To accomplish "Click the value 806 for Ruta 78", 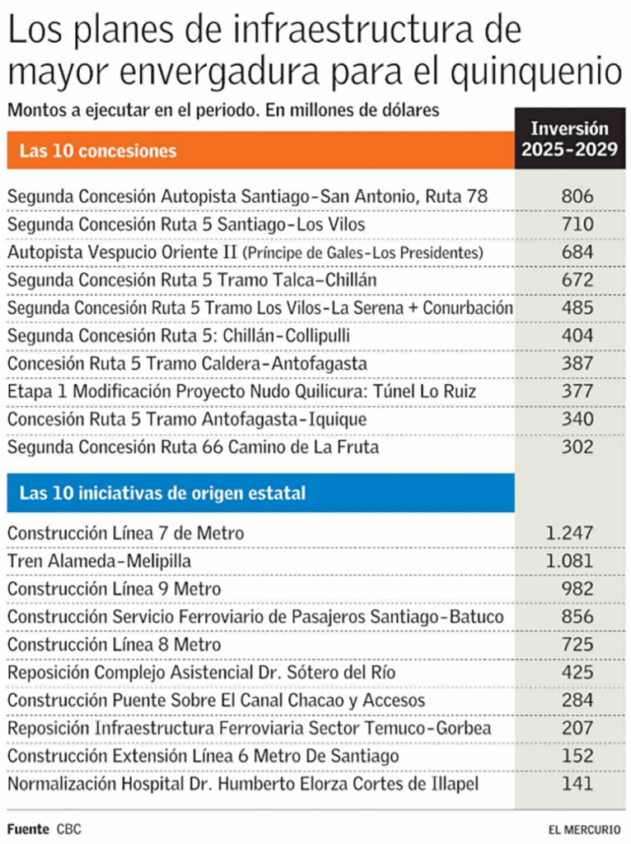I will [576, 196].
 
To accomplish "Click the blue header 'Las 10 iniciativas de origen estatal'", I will [162, 493].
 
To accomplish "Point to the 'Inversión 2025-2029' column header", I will [569, 139].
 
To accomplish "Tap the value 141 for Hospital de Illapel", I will [576, 785].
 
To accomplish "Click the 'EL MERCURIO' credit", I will [586, 828].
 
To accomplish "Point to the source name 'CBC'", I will [69, 828].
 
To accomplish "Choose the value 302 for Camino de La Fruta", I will [576, 448].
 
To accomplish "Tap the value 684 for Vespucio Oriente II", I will [576, 251].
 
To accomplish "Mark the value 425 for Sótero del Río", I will [576, 673].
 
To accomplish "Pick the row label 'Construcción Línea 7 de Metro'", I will [125, 533].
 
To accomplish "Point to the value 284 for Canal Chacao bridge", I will [576, 701].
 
